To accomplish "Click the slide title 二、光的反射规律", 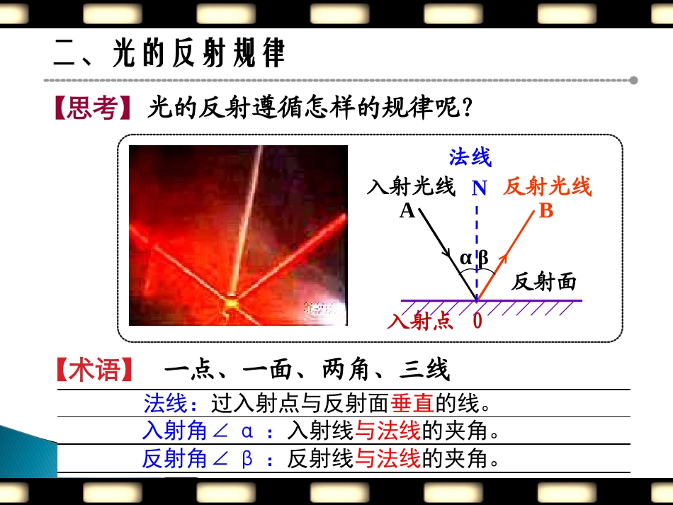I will point(170,53).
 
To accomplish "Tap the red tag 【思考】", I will point(93,109).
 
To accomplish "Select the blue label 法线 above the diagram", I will point(470,157).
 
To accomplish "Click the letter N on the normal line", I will point(480,188).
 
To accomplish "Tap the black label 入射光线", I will point(411,187).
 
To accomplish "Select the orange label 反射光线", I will point(547,187).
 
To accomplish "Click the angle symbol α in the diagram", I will point(465,259).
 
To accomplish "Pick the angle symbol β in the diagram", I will point(484,259).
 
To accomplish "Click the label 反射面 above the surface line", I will point(544,282).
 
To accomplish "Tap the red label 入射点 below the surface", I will point(420,321).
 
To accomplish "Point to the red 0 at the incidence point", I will point(477,321).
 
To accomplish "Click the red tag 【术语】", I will point(93,370).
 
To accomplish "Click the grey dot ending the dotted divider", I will point(633,80).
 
